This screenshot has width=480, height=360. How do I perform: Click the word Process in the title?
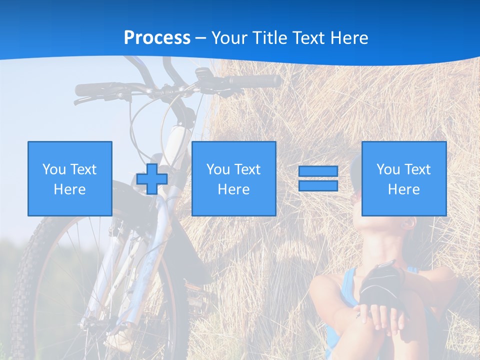(157, 38)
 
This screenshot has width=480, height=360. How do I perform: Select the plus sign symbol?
(152, 179)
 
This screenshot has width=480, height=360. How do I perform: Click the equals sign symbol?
(318, 178)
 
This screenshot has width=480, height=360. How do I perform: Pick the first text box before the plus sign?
(70, 178)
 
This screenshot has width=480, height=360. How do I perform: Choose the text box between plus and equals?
(233, 178)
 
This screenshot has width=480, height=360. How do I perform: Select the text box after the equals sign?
(403, 178)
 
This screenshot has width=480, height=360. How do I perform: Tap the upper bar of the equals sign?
(318, 171)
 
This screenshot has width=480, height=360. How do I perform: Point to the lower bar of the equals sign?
(318, 185)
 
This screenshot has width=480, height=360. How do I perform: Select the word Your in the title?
(228, 38)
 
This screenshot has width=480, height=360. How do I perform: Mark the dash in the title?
(200, 38)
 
